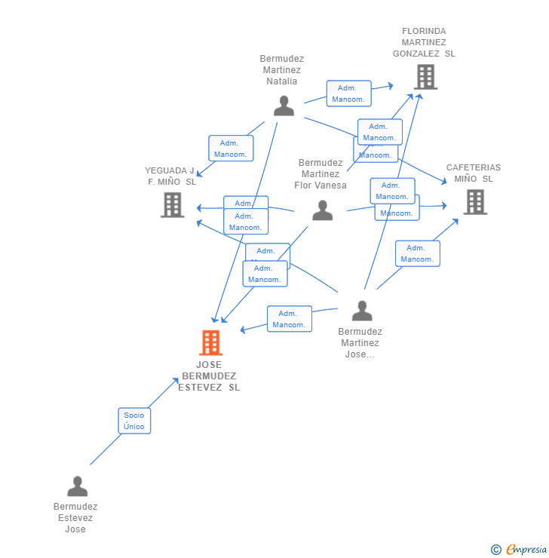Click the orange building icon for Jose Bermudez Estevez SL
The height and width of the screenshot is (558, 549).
pos(210,343)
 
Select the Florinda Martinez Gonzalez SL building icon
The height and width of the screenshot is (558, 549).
pos(425,77)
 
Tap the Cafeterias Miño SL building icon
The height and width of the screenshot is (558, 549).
pos(475,202)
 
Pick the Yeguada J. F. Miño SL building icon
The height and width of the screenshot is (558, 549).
pos(173,204)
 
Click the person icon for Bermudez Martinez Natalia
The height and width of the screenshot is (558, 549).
pos(284,106)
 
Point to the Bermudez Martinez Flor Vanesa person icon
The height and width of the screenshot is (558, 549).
pos(322,211)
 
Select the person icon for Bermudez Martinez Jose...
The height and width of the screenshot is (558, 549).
pos(362,311)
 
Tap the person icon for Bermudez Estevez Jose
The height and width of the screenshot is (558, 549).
pos(77,486)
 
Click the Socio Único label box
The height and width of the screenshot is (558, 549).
pos(134,421)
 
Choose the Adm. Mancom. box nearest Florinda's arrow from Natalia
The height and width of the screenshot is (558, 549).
pos(348,94)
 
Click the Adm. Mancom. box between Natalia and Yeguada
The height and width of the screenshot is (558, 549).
pos(230,149)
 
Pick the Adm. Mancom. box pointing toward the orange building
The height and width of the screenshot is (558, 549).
pos(290,319)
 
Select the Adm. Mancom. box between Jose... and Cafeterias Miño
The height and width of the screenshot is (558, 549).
pos(417,253)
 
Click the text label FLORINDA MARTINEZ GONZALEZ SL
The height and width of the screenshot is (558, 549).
pos(424,43)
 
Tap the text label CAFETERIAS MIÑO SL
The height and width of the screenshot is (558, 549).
pos(473,173)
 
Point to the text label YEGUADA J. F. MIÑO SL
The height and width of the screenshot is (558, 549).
pos(171,176)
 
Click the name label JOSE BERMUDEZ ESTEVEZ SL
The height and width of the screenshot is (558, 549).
pos(209,376)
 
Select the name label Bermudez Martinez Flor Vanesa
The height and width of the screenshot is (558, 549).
pos(321,174)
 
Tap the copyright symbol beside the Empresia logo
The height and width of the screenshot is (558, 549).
pos(495,550)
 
